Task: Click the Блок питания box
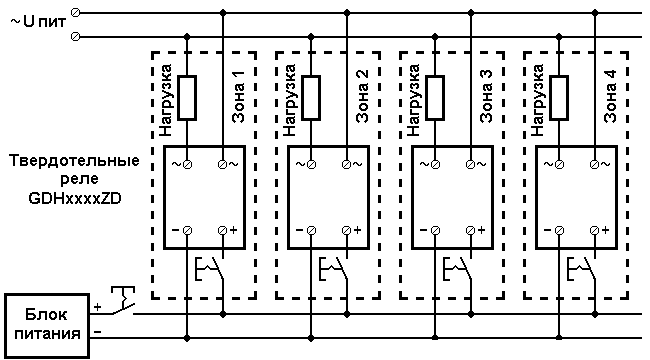pyautogui.click(x=47, y=326)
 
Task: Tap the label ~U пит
pyautogui.click(x=38, y=22)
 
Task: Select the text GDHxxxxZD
pyautogui.click(x=75, y=198)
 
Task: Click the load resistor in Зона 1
pyautogui.click(x=187, y=98)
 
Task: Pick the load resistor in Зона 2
pyautogui.click(x=311, y=98)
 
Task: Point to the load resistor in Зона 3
pyautogui.click(x=435, y=98)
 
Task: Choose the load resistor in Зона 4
pyautogui.click(x=559, y=98)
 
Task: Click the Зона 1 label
pyautogui.click(x=238, y=96)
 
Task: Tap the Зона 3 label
pyautogui.click(x=486, y=96)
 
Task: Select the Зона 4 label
pyautogui.click(x=610, y=96)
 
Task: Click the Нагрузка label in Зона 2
pyautogui.click(x=290, y=100)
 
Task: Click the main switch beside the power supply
pyautogui.click(x=123, y=301)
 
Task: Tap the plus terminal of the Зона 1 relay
pyautogui.click(x=223, y=230)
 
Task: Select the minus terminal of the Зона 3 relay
pyautogui.click(x=435, y=230)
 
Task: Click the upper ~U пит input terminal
pyautogui.click(x=75, y=12)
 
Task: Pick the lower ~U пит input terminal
pyautogui.click(x=75, y=37)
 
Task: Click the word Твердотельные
pyautogui.click(x=75, y=161)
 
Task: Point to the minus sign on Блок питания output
pyautogui.click(x=98, y=332)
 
